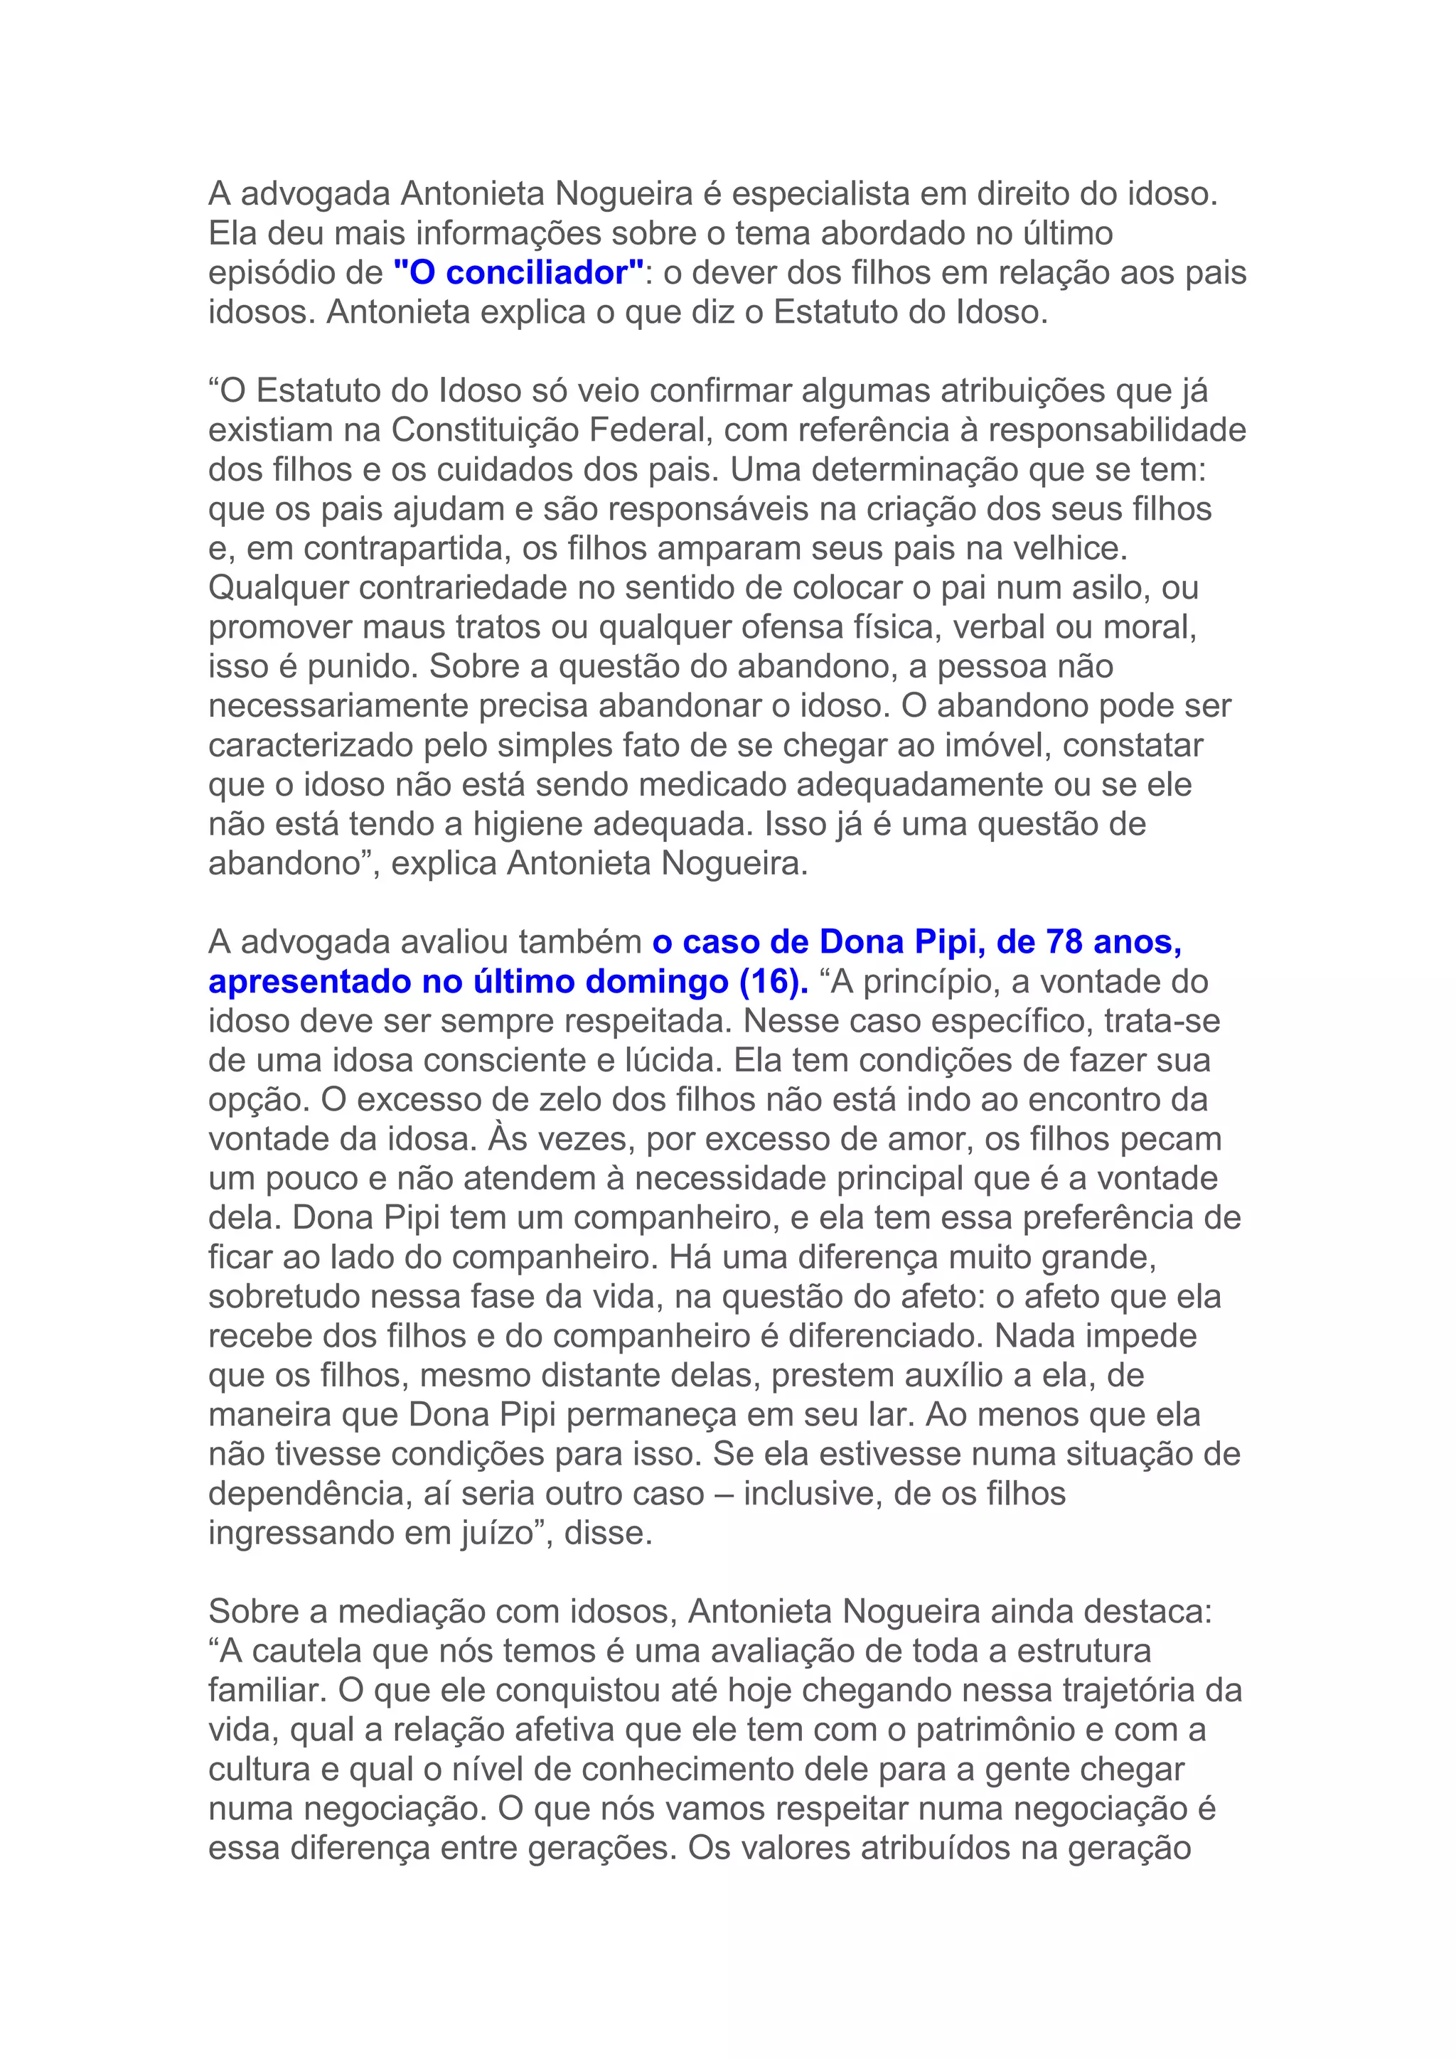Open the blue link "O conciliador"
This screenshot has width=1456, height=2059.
click(519, 272)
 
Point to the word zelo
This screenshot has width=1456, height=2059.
click(529, 1101)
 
